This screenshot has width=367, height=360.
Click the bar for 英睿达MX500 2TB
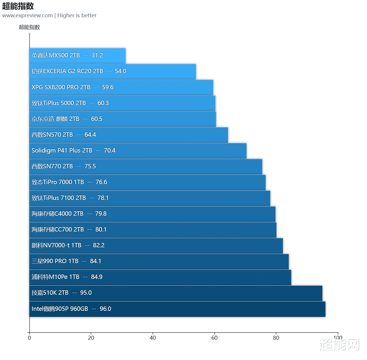(77, 56)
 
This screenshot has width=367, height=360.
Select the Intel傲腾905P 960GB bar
(177, 309)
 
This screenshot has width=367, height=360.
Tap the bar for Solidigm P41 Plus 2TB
(138, 151)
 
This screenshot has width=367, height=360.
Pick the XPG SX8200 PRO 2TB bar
(121, 88)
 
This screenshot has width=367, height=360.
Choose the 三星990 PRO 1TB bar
(159, 262)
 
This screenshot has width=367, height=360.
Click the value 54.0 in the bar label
(120, 71)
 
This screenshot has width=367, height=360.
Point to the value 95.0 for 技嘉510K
(86, 293)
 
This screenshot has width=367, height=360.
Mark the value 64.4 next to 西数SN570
(90, 135)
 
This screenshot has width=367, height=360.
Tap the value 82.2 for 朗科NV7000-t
(99, 246)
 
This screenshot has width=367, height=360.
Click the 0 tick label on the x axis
(29, 338)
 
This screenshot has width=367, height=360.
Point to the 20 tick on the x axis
(91, 338)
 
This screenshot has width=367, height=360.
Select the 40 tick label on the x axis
(153, 338)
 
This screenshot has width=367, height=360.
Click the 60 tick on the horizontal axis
(214, 338)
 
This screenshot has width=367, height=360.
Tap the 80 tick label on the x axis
(276, 338)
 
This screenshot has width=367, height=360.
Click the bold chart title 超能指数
(18, 6)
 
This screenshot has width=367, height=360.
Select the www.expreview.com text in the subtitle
(27, 16)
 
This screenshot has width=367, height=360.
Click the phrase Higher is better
(77, 16)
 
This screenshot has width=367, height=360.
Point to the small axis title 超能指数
(29, 27)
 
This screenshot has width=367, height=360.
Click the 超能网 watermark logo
(339, 344)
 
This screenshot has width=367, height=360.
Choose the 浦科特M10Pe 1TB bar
(160, 277)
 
